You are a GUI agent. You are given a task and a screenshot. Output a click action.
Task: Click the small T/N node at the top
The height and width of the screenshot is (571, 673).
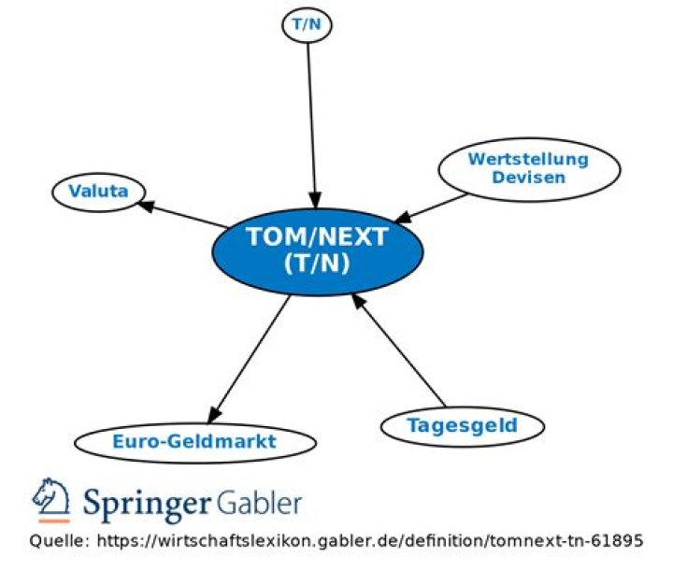307,25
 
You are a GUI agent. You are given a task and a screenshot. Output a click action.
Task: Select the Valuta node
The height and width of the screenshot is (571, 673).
98,193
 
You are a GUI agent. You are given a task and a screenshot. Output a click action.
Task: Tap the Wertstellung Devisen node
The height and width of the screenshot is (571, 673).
528,168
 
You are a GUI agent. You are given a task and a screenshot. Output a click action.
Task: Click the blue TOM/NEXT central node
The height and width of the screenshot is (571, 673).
316,250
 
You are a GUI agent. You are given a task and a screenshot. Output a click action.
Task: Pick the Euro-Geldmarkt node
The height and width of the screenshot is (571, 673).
194,441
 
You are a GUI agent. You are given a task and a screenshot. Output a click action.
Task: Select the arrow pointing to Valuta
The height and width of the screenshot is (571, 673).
182,214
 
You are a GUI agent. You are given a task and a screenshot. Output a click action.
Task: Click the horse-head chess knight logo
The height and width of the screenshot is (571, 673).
52,500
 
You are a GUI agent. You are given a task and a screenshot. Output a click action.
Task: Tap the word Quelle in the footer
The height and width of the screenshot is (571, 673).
57,542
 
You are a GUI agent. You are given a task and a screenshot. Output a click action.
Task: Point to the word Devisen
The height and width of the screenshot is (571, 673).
529,178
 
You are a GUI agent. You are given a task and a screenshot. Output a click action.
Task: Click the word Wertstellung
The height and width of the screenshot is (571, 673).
528,159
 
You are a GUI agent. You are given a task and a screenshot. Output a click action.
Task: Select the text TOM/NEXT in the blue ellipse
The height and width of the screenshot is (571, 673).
316,237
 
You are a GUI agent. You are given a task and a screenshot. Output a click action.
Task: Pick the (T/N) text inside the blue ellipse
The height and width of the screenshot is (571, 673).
316,264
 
